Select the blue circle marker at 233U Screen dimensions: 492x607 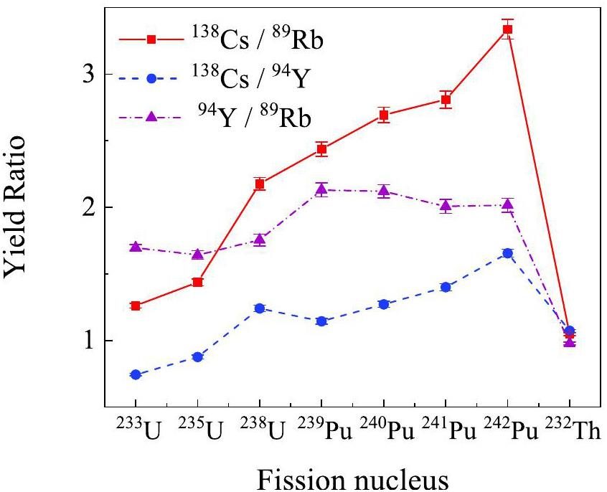[x=136, y=374]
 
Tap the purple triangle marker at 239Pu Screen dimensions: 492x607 [x=321, y=189]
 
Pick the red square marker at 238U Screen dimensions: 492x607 [x=260, y=184]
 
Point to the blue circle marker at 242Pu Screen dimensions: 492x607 [x=507, y=253]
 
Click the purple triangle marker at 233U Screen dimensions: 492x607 [x=136, y=247]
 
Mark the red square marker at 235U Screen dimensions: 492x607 [x=197, y=283]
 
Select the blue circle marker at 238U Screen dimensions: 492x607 [x=260, y=308]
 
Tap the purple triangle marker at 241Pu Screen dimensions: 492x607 [x=446, y=207]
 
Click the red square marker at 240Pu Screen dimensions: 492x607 [x=383, y=115]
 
